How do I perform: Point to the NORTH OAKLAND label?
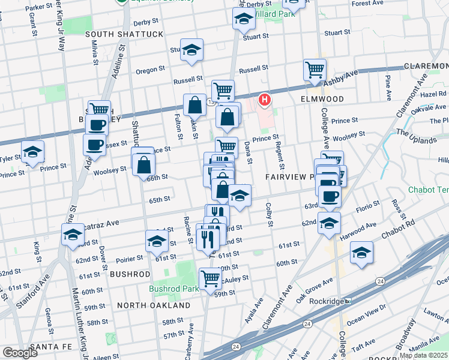point(154,305)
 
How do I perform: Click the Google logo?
point(20,353)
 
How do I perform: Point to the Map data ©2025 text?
point(424,355)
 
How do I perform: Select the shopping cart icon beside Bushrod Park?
point(210,278)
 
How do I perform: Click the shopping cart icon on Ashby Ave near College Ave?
point(315,70)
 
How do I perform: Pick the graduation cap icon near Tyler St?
point(32,151)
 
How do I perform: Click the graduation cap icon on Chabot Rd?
point(362,251)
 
